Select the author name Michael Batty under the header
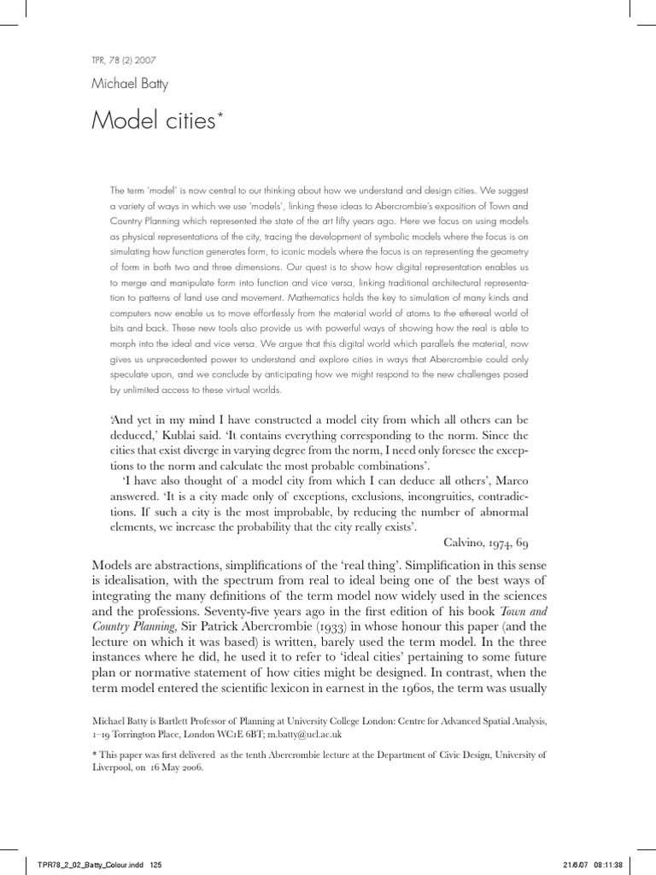(130, 85)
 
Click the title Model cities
(153, 122)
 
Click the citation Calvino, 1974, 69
(487, 543)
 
